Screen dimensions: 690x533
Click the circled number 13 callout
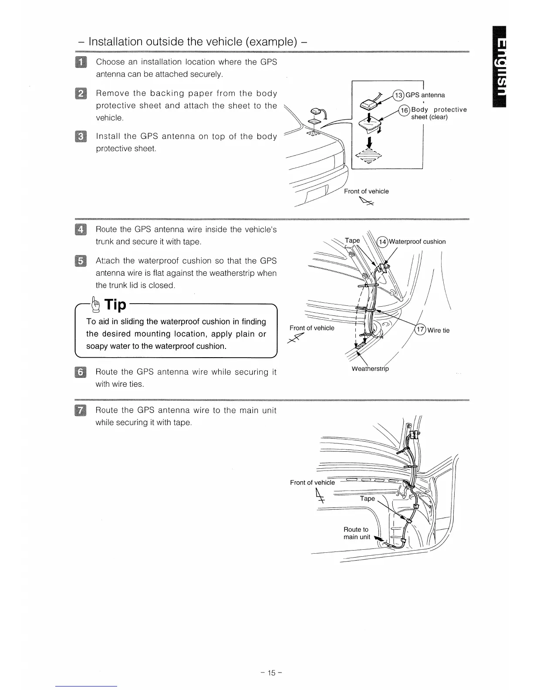click(398, 95)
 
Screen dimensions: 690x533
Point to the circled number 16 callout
click(405, 110)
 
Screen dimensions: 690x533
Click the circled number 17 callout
click(421, 330)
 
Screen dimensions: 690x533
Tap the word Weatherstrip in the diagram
click(370, 369)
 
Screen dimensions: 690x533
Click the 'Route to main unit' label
click(356, 533)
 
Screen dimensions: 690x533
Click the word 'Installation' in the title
click(115, 42)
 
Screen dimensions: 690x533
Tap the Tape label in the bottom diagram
click(367, 498)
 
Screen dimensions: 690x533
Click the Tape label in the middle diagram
click(352, 240)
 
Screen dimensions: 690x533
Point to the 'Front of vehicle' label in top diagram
click(366, 191)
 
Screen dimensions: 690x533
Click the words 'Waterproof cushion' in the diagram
click(417, 242)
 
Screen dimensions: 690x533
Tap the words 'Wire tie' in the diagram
click(439, 330)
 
